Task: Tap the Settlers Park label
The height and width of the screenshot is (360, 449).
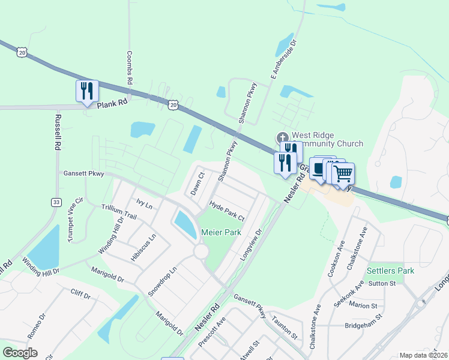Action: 391,271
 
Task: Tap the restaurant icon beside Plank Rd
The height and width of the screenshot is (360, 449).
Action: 87,91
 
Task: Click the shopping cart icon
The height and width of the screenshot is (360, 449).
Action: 343,173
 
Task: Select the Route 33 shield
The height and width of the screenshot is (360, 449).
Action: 56,202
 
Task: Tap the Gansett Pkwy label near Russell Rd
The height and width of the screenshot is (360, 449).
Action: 84,174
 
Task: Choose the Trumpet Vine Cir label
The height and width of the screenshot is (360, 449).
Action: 74,220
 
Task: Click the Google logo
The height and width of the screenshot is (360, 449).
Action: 20,353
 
